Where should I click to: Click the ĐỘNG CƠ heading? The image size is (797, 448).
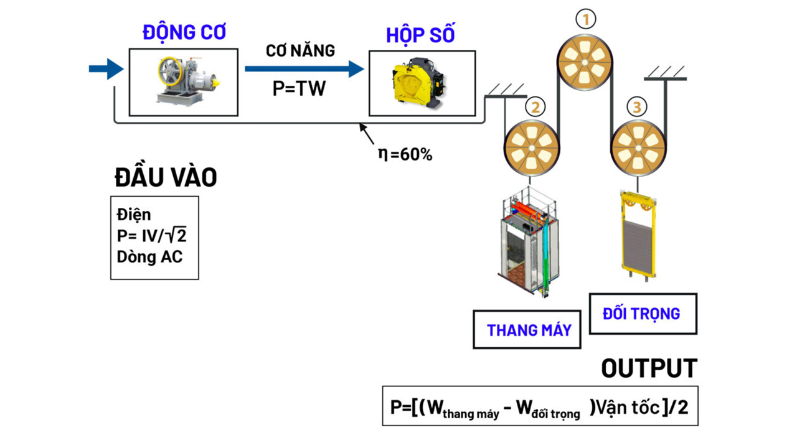pos(184,32)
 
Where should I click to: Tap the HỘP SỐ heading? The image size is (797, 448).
pos(420,35)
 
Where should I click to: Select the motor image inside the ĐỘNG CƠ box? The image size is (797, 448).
pos(184,82)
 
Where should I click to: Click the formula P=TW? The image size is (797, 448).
pos(299,89)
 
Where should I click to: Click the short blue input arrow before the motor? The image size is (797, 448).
pos(106,68)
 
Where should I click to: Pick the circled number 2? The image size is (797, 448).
pos(534,107)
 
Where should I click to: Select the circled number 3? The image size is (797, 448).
pos(636,107)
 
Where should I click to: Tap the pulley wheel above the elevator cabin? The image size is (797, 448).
pos(531,148)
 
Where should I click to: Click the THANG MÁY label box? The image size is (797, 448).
pos(527,330)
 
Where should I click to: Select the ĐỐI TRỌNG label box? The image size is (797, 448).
pos(643,314)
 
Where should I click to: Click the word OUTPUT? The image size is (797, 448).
pos(649,368)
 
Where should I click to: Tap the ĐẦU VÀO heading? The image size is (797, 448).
pos(166,178)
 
